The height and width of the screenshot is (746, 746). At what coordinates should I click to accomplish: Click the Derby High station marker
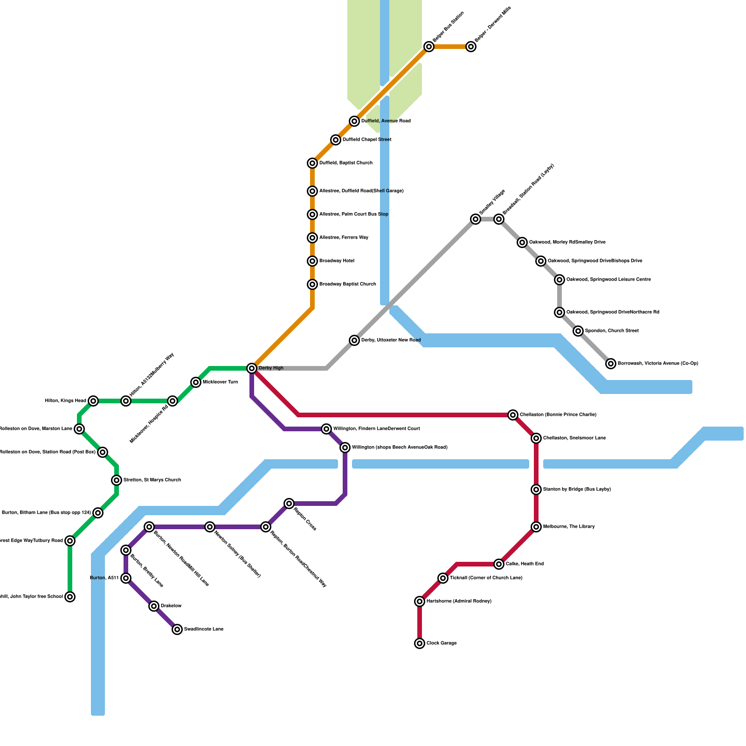pyautogui.click(x=252, y=368)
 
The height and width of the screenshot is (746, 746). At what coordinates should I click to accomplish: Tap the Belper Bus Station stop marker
pyautogui.click(x=429, y=47)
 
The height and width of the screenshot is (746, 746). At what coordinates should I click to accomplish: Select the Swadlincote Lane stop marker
pyautogui.click(x=177, y=629)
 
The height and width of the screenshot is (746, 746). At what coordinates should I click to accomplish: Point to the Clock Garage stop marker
pyautogui.click(x=420, y=643)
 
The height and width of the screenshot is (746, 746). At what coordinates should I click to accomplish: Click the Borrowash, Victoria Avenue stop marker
pyautogui.click(x=611, y=364)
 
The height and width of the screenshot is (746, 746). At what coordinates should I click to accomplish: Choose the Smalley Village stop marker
pyautogui.click(x=476, y=219)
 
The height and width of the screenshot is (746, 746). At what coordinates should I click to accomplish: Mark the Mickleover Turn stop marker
pyautogui.click(x=196, y=382)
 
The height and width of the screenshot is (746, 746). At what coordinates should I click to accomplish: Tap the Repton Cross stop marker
pyautogui.click(x=289, y=504)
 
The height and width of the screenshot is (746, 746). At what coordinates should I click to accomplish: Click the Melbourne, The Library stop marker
pyautogui.click(x=536, y=527)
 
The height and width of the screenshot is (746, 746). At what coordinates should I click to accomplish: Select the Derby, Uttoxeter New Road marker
pyautogui.click(x=354, y=340)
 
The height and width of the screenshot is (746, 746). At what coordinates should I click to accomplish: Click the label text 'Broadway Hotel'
pyautogui.click(x=337, y=261)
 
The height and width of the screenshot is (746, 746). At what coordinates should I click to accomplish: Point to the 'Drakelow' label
pyautogui.click(x=171, y=606)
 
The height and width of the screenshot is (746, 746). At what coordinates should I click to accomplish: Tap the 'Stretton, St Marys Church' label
pyautogui.click(x=152, y=480)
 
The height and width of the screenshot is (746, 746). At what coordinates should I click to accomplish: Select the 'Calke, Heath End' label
pyautogui.click(x=525, y=564)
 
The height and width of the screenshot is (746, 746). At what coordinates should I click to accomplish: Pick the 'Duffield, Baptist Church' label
pyautogui.click(x=346, y=163)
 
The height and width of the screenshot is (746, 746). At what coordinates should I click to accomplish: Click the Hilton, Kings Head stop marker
pyautogui.click(x=93, y=401)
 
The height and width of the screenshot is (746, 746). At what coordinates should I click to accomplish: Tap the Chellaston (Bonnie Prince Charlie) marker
pyautogui.click(x=513, y=415)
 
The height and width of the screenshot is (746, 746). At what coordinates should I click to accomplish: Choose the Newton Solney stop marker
pyautogui.click(x=210, y=527)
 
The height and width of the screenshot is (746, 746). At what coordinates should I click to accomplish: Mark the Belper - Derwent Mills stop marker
pyautogui.click(x=471, y=47)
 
